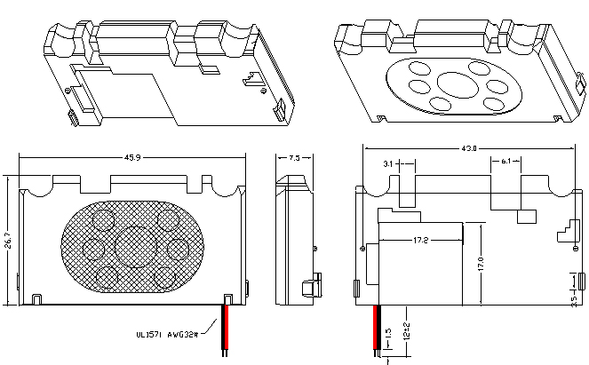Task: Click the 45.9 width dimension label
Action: click(x=132, y=158)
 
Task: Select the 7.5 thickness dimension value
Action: click(x=295, y=158)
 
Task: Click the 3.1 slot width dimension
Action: click(x=388, y=164)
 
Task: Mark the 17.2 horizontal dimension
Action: click(x=421, y=241)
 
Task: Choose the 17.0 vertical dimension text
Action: click(x=481, y=264)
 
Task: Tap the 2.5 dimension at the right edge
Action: click(x=574, y=298)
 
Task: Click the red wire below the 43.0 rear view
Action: click(x=379, y=329)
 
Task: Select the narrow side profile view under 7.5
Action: click(x=292, y=240)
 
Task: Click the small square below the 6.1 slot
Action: click(x=525, y=215)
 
